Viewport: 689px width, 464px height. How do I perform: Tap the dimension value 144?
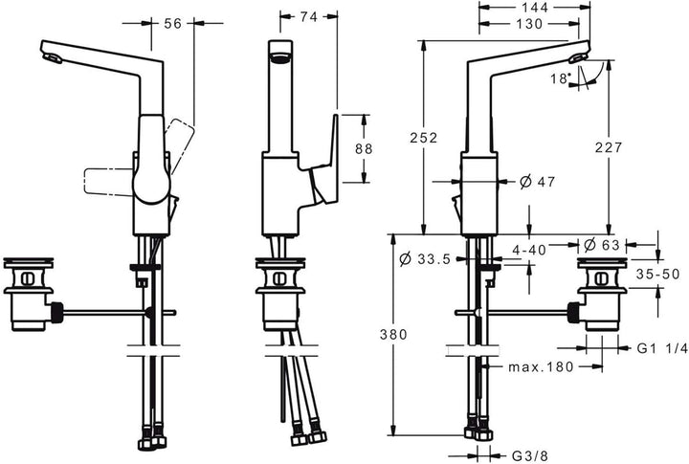pyautogui.click(x=528, y=8)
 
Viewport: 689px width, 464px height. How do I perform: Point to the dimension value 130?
pyautogui.click(x=528, y=25)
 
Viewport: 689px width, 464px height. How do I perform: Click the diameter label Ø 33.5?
pyautogui.click(x=426, y=258)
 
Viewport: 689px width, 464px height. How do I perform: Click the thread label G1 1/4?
pyautogui.click(x=659, y=350)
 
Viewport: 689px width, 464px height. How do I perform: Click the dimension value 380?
pyautogui.click(x=395, y=335)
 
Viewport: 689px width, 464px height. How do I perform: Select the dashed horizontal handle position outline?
pyautogui.click(x=108, y=182)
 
